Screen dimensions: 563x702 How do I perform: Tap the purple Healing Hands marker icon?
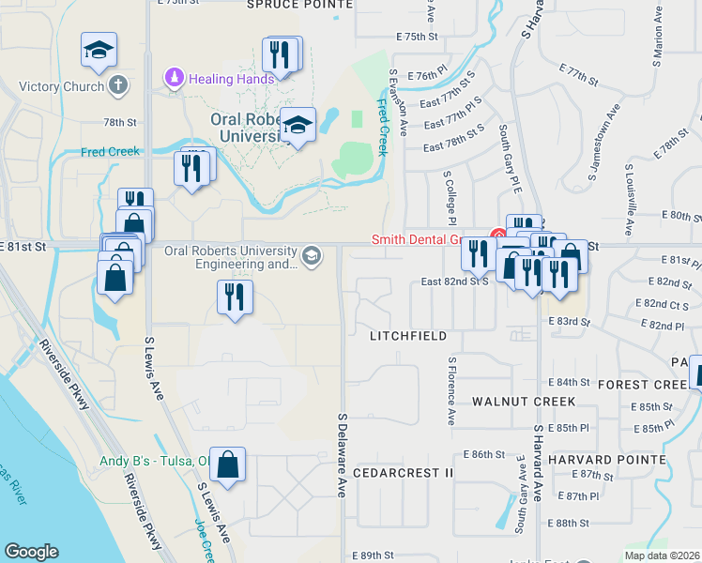[x=174, y=77]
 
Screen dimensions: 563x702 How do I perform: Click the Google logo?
[x=32, y=551]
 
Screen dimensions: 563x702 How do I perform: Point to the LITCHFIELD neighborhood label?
[x=407, y=335]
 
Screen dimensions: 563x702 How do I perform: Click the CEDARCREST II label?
[x=404, y=473]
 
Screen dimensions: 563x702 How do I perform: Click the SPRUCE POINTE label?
[x=299, y=5]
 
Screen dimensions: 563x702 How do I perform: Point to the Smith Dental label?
[x=428, y=239]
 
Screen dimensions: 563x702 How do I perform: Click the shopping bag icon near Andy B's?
[x=228, y=464]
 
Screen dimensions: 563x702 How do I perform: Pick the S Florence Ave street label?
[x=452, y=390]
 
